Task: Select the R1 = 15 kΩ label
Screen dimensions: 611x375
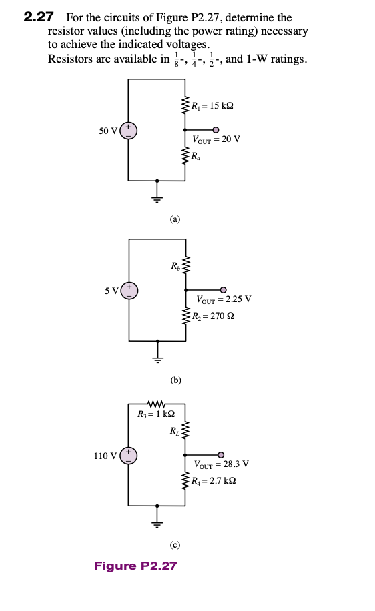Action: pyautogui.click(x=212, y=106)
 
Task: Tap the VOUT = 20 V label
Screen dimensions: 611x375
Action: pyautogui.click(x=216, y=139)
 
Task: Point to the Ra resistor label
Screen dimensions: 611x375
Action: pyautogui.click(x=196, y=157)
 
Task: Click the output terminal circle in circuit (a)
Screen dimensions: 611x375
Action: pyautogui.click(x=216, y=130)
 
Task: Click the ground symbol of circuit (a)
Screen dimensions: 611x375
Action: pyautogui.click(x=157, y=194)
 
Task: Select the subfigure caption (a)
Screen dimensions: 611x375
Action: pyautogui.click(x=175, y=218)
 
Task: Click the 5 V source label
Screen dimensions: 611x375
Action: pyautogui.click(x=111, y=290)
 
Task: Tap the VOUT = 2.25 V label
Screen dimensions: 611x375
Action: pyautogui.click(x=224, y=299)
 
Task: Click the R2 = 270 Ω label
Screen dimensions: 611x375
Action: pyautogui.click(x=212, y=316)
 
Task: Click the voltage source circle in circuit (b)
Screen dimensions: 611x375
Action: pyautogui.click(x=129, y=291)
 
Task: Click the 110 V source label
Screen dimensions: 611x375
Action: pyautogui.click(x=106, y=456)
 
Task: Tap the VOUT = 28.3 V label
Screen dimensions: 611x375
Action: pyautogui.click(x=222, y=464)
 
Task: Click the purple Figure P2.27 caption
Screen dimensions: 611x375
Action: pyautogui.click(x=135, y=566)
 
